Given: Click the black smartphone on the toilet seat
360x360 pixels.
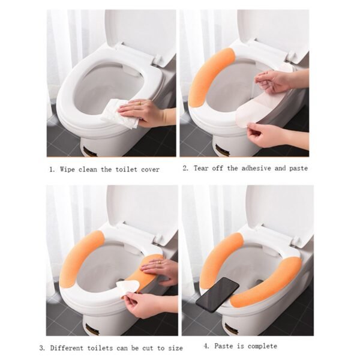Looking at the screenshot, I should click(217, 294).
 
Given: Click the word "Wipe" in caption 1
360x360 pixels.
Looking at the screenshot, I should click(70, 170).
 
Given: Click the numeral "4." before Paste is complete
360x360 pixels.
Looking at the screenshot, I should click(206, 346).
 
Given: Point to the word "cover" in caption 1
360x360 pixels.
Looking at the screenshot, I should click(149, 170).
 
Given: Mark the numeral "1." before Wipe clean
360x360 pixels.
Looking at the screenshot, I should click(52, 170).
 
